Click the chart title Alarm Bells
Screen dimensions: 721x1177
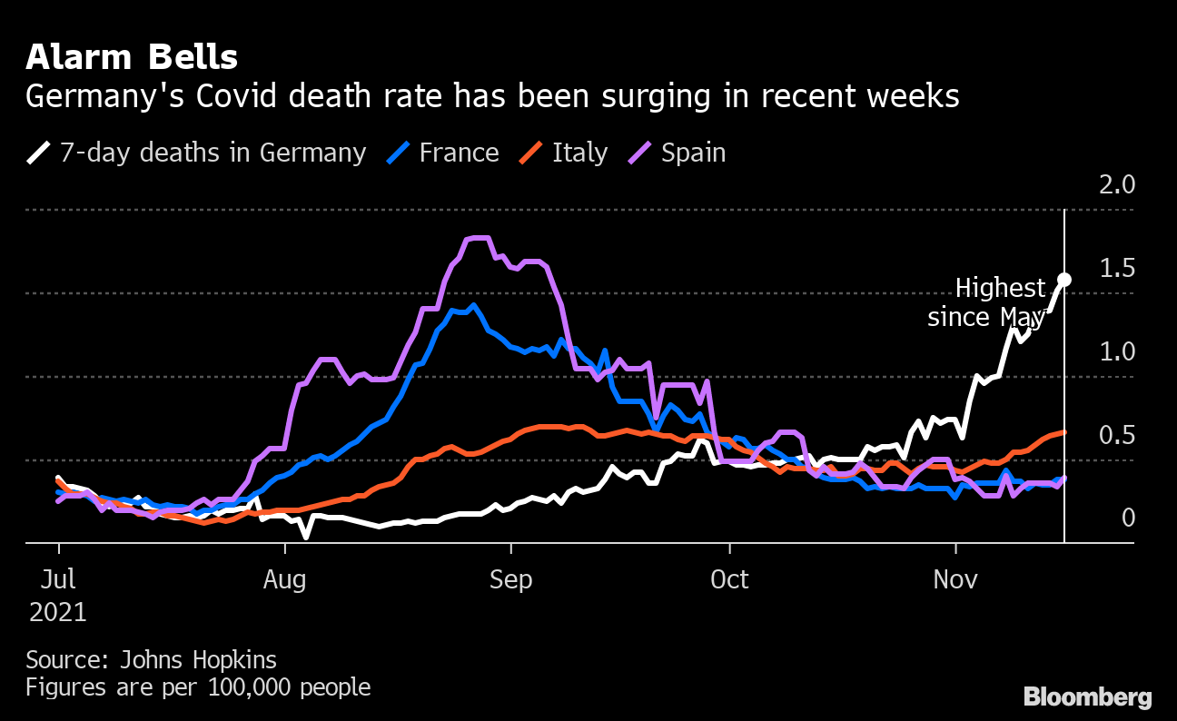point(132,58)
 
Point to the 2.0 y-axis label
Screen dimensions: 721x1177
point(1117,185)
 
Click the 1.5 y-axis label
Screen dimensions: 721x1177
point(1117,269)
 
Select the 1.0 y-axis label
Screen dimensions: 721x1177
point(1117,352)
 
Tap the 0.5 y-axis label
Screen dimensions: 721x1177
point(1117,436)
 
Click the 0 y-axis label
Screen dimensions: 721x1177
point(1129,519)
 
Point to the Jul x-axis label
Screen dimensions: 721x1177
point(58,579)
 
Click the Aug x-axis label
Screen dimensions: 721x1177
point(285,579)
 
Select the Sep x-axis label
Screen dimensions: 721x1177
point(511,579)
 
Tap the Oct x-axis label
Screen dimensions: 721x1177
point(729,579)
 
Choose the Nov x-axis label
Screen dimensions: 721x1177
point(956,579)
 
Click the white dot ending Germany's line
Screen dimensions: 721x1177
point(1064,280)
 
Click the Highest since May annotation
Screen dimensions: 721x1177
point(987,303)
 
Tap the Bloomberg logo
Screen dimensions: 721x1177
point(1088,697)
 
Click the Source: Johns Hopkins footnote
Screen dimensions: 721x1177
point(151,659)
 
